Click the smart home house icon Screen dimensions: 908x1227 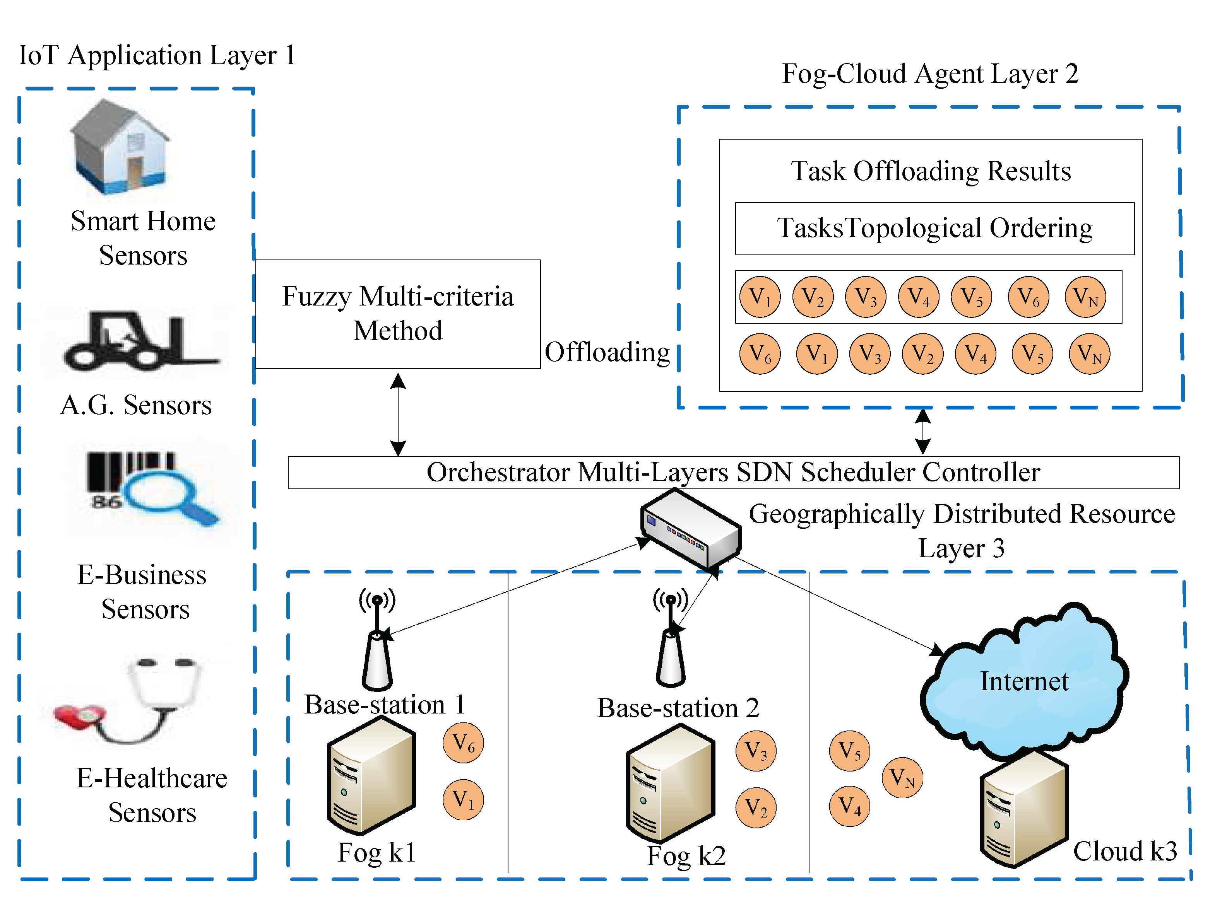(x=120, y=147)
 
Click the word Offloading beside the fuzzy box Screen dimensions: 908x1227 (x=607, y=352)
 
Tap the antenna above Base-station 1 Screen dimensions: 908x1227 (x=377, y=640)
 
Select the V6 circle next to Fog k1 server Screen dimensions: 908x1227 (x=463, y=743)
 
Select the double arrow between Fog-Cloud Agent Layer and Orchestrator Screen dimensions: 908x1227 (x=922, y=432)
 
